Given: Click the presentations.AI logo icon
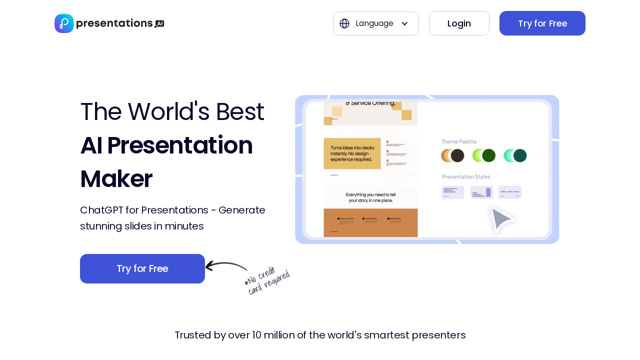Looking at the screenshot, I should click(x=64, y=23).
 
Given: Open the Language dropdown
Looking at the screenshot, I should click(x=375, y=23).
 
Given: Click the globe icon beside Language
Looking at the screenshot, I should click(x=344, y=23).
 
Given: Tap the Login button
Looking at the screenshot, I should click(x=459, y=23).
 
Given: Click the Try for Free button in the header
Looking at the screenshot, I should click(x=542, y=23).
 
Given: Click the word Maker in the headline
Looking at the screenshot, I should click(x=116, y=179).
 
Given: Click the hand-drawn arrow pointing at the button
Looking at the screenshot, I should click(x=226, y=266).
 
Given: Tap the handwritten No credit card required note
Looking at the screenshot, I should click(x=267, y=281).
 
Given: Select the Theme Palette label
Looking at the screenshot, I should click(x=458, y=141).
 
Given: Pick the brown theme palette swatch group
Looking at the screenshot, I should click(x=452, y=155).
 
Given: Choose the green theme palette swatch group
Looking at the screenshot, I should click(x=483, y=155).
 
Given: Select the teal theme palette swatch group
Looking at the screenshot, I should click(x=515, y=155).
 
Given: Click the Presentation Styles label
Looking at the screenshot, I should click(x=466, y=176).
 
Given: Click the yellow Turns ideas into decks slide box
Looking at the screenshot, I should click(x=352, y=153).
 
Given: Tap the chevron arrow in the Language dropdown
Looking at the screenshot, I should click(x=404, y=23).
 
